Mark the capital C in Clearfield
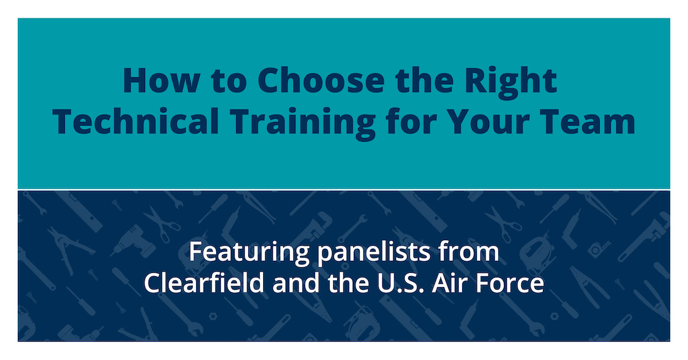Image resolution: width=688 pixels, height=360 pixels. tap(153, 284)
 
